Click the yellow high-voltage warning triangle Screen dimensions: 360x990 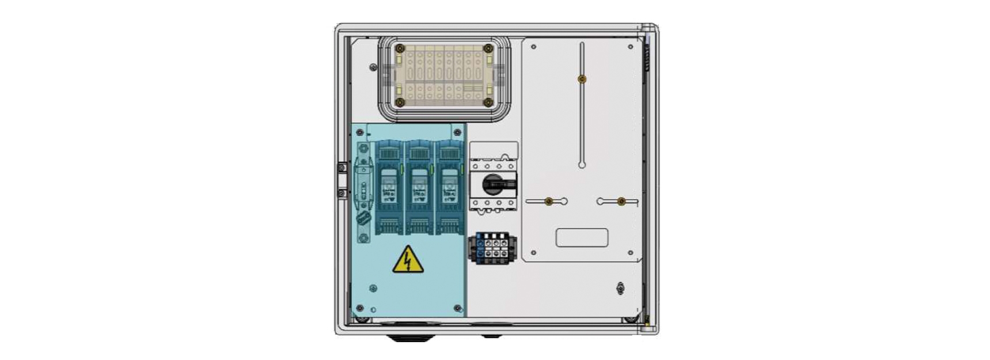pyautogui.click(x=408, y=260)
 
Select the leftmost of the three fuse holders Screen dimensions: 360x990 pyautogui.click(x=389, y=187)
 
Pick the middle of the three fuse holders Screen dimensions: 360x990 pyautogui.click(x=419, y=187)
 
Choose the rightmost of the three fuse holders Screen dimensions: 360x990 pyautogui.click(x=449, y=187)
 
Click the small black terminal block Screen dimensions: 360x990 pyautogui.click(x=492, y=248)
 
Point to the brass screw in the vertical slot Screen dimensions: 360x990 pyautogui.click(x=582, y=79)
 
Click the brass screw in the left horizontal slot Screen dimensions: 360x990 pyautogui.click(x=548, y=201)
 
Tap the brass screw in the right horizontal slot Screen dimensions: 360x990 pyautogui.click(x=621, y=201)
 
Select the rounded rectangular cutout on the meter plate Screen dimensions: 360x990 pyautogui.click(x=582, y=237)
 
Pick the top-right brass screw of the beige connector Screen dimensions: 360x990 pyautogui.click(x=488, y=49)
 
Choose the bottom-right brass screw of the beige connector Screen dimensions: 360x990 pyautogui.click(x=488, y=103)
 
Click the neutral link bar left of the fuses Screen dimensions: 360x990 pyautogui.click(x=363, y=192)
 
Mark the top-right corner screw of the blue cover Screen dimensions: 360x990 pyautogui.click(x=458, y=133)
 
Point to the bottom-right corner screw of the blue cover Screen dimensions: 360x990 pyautogui.click(x=458, y=309)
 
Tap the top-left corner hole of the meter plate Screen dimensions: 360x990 pyautogui.click(x=534, y=47)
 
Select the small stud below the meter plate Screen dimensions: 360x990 pyautogui.click(x=620, y=288)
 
